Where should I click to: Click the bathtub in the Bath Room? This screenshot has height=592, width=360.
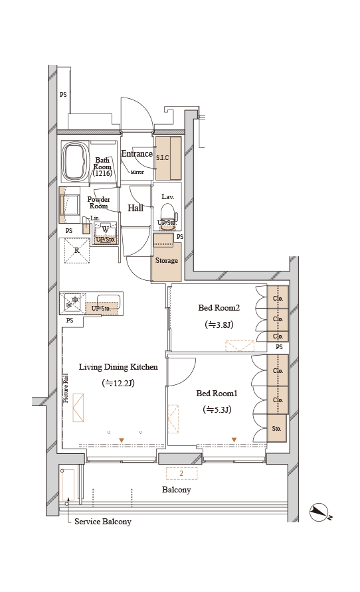[75, 161]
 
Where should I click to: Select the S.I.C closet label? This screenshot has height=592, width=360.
[163, 158]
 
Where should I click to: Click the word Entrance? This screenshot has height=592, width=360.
[137, 154]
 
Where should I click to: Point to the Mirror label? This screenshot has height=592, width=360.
[137, 172]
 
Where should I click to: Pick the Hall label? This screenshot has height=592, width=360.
[135, 208]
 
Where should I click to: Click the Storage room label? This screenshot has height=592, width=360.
[167, 261]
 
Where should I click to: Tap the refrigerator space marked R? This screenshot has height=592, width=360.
[76, 250]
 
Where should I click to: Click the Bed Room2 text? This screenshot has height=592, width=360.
[219, 308]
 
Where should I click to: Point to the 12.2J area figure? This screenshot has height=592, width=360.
[118, 383]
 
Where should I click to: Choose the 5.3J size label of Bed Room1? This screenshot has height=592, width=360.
[217, 409]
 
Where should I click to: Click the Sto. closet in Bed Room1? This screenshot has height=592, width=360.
[277, 429]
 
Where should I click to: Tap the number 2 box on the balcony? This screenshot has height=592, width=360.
[182, 473]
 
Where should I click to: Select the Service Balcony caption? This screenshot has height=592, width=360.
[103, 522]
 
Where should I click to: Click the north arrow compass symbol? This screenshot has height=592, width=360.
[319, 513]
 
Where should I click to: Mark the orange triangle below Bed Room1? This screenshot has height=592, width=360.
[234, 440]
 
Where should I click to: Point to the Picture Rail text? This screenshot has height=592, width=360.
[66, 388]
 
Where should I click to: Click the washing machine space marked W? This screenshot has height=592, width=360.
[106, 230]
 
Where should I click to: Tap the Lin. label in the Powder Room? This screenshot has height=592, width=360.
[95, 218]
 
